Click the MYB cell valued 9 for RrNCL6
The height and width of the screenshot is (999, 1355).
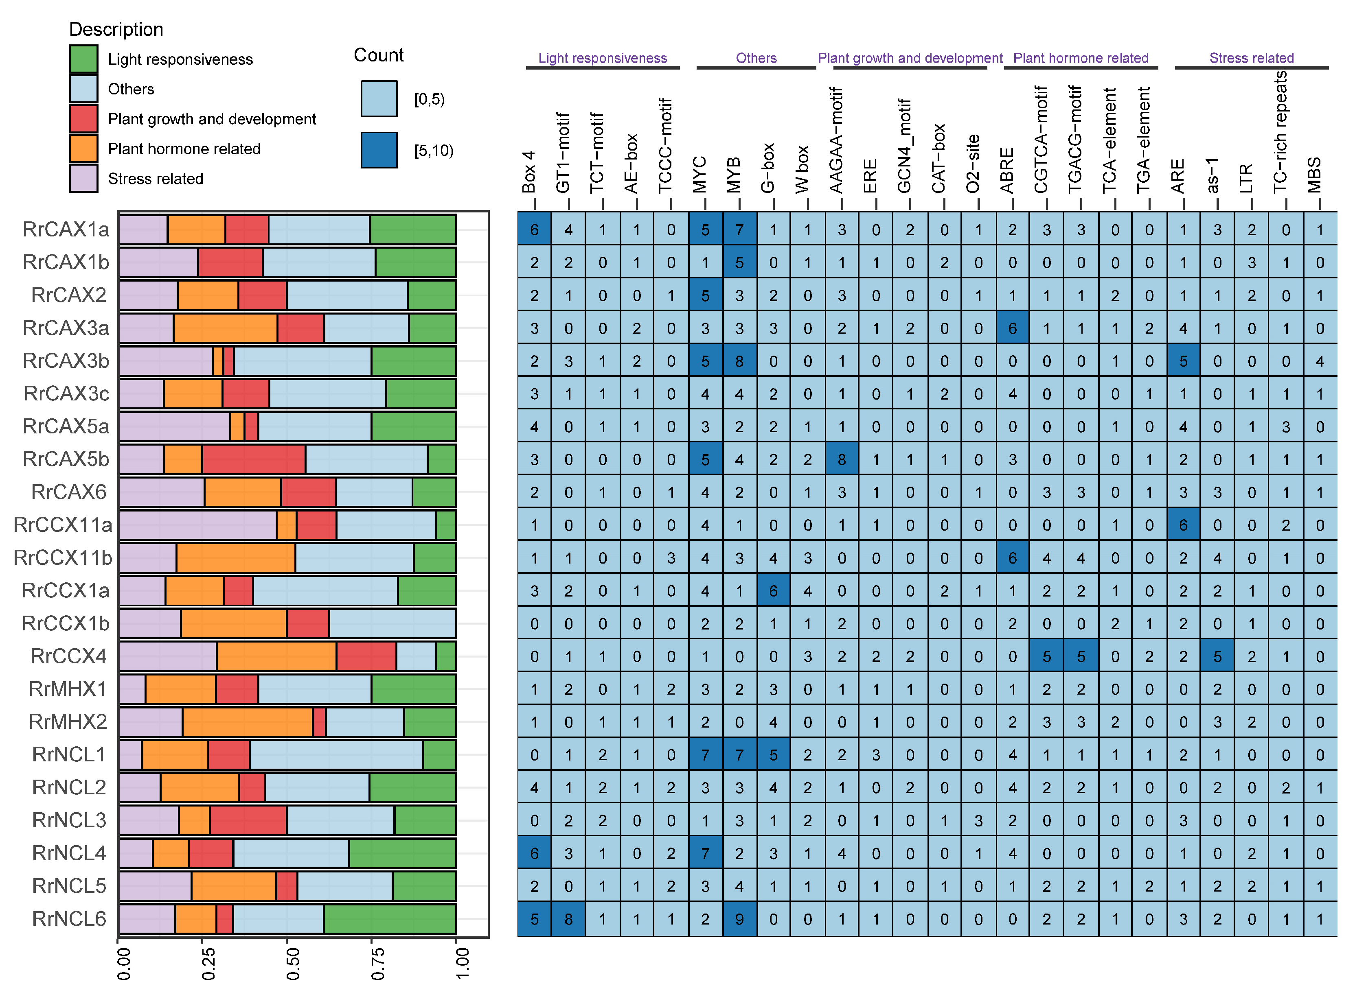(x=739, y=920)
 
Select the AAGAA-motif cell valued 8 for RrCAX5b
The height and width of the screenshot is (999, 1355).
(x=842, y=459)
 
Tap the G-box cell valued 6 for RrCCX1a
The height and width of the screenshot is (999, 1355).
(x=773, y=591)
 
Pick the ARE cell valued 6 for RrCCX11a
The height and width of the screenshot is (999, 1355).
(x=1183, y=525)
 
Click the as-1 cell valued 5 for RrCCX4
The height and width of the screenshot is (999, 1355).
(x=1217, y=657)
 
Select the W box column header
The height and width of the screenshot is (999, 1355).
(x=802, y=169)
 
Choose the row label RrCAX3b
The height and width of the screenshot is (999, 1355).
(x=66, y=361)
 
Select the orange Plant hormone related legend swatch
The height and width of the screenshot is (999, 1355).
(x=83, y=149)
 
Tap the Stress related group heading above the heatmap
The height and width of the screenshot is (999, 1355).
(x=1251, y=58)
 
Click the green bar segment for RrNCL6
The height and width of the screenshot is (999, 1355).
(x=390, y=919)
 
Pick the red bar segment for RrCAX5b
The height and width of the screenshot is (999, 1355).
(x=254, y=459)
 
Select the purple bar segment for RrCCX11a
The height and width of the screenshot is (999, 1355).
(x=198, y=525)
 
